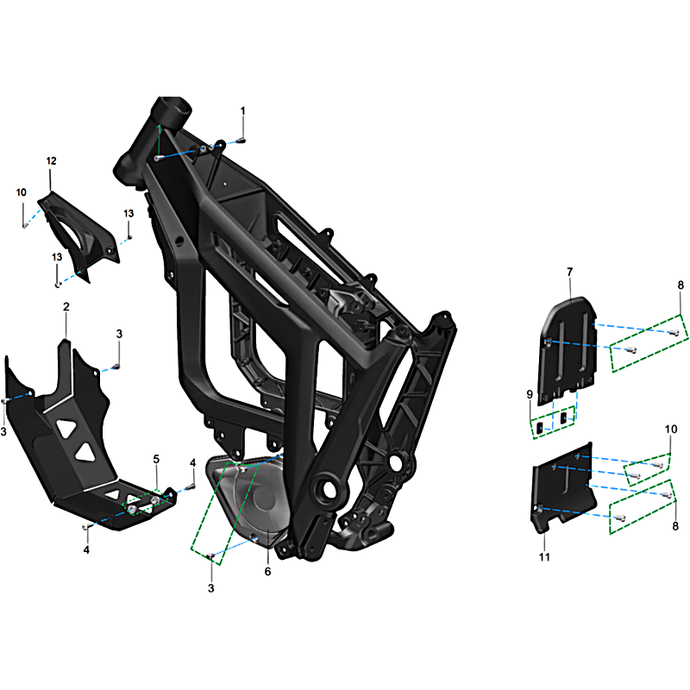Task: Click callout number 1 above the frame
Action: [242, 111]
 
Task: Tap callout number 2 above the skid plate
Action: [66, 307]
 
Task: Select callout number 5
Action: [156, 460]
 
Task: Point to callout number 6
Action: [267, 572]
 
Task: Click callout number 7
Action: [570, 273]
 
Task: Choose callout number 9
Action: [530, 395]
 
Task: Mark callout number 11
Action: [544, 557]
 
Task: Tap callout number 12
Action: [52, 161]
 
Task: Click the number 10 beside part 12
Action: [21, 192]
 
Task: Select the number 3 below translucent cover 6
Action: [210, 588]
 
